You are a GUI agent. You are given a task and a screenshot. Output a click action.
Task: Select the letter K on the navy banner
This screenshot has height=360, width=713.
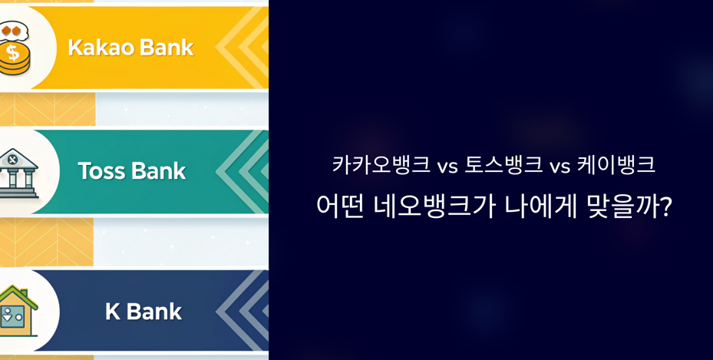113,312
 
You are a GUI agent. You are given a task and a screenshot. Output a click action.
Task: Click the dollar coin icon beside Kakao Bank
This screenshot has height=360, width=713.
14,57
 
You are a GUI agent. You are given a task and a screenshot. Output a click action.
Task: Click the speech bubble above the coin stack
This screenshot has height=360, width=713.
14,30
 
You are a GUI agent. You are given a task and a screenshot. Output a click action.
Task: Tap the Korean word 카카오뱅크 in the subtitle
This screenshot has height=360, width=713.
381,165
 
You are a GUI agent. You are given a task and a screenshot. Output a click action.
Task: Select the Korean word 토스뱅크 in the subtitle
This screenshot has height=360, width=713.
503,165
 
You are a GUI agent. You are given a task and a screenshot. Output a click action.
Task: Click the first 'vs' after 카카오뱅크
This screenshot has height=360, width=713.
447,166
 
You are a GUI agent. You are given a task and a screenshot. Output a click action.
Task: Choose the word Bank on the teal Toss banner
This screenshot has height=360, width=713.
159,170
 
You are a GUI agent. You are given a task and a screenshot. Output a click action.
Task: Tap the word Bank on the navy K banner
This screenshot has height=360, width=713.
153,312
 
